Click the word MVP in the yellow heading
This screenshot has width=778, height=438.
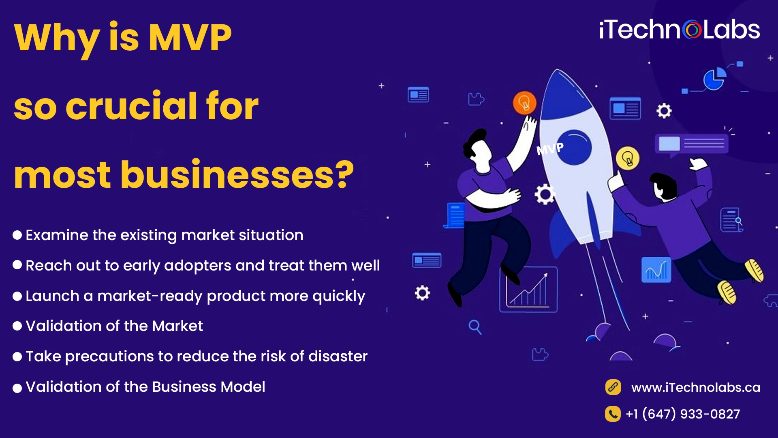[190, 37]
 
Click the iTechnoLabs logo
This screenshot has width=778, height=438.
[680, 30]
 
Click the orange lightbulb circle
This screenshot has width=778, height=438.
[524, 103]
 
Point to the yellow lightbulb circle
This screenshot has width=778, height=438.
[628, 158]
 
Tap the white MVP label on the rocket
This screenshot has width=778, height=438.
[550, 149]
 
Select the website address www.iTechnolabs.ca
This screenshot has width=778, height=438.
[695, 387]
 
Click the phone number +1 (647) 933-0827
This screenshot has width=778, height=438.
[683, 414]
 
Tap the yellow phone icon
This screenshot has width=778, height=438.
[613, 414]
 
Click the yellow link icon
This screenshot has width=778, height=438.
[613, 387]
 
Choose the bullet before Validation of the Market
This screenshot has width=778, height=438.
[17, 326]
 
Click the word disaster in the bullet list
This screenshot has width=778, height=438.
[338, 356]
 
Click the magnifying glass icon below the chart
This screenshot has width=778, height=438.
[475, 327]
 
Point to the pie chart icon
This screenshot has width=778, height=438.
[714, 79]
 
